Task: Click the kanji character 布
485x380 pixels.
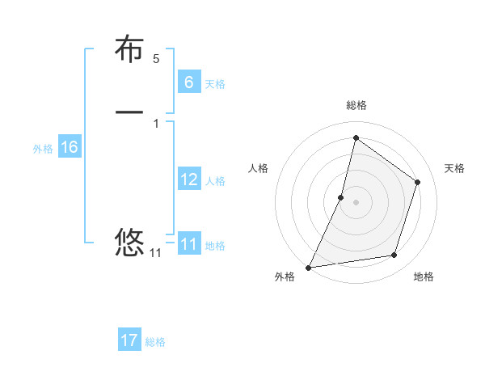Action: pos(129,49)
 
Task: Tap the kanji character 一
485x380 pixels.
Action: pos(129,112)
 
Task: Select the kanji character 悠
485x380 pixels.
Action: pos(129,242)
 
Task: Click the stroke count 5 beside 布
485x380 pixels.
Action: pos(156,59)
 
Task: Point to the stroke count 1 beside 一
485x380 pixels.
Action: pos(156,123)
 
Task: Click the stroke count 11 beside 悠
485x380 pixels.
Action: pos(155,253)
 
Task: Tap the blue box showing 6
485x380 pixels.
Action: pos(188,82)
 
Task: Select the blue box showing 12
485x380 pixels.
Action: pos(188,179)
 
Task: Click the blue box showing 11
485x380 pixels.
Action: pos(188,244)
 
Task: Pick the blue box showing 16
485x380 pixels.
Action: pos(69,147)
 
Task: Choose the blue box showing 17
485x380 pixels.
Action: pos(129,340)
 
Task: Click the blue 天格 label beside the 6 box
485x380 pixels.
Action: pos(215,84)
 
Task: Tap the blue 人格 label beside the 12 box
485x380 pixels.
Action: pos(215,181)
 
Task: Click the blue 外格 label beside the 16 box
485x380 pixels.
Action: pos(43,149)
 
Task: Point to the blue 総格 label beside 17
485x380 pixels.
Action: pos(155,342)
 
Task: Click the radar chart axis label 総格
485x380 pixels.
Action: pos(356,105)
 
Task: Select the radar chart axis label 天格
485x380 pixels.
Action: pos(455,168)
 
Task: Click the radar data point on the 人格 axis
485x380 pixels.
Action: pos(341,197)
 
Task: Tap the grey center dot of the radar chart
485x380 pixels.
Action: pos(356,202)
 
